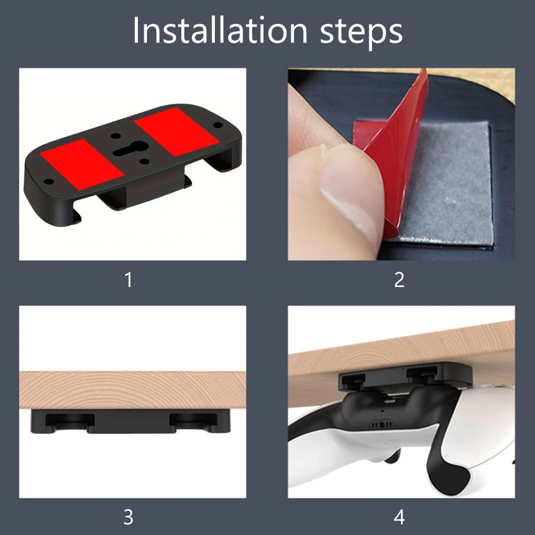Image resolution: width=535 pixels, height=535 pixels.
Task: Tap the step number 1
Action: [x=128, y=280]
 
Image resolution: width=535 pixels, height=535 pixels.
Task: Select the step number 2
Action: [x=399, y=280]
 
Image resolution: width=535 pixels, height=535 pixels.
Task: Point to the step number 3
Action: [x=128, y=517]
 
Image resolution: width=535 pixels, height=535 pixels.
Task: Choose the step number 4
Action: [x=399, y=517]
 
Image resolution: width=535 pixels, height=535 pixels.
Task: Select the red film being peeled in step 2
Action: [x=398, y=144]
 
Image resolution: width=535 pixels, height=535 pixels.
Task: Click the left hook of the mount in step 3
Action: [x=65, y=421]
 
